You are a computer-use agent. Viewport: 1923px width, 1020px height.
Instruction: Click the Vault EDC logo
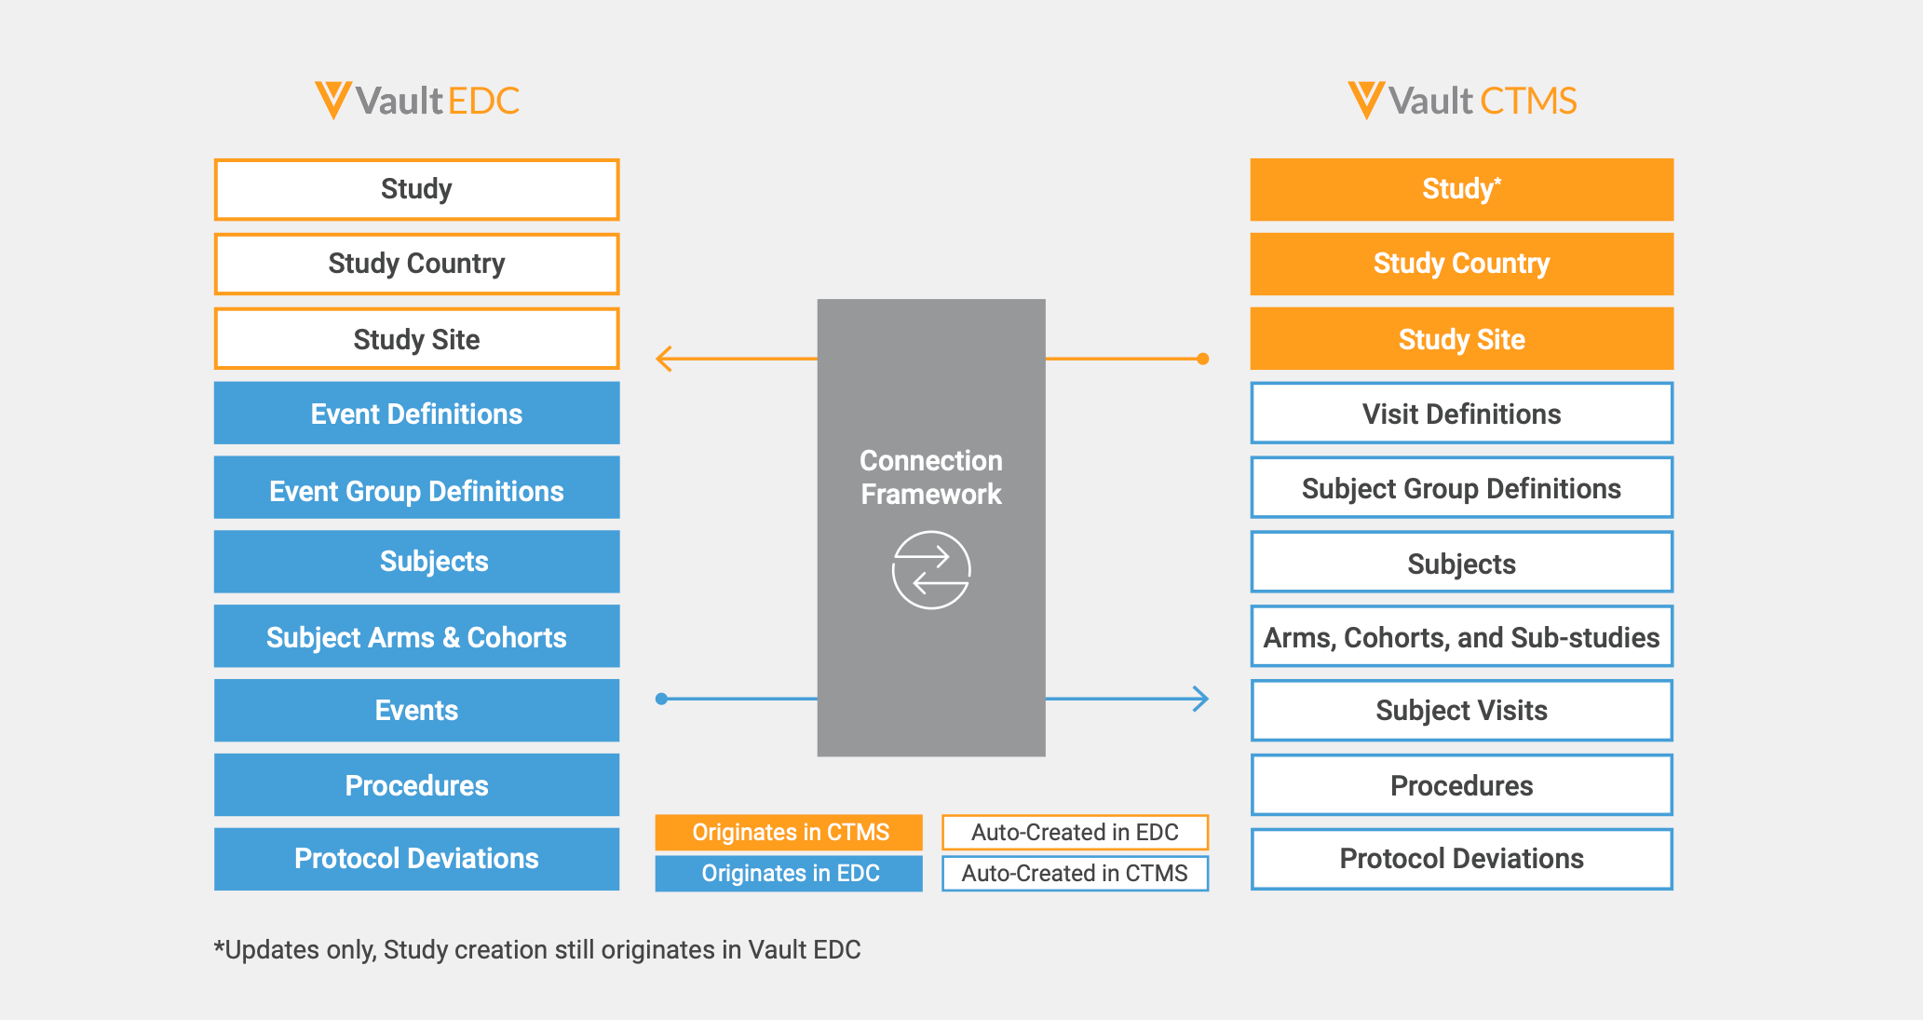[x=416, y=101]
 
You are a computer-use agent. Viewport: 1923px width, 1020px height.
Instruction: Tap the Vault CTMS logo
[x=1462, y=101]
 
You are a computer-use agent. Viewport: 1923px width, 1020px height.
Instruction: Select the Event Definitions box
[x=416, y=414]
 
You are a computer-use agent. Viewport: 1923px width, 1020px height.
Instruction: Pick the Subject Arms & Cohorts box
[x=416, y=637]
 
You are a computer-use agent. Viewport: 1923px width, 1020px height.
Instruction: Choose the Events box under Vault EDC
[x=416, y=711]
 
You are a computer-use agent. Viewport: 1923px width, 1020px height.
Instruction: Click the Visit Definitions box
[x=1461, y=414]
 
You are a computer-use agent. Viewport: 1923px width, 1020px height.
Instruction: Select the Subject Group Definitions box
[x=1461, y=488]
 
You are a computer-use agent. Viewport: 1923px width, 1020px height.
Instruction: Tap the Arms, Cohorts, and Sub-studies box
[x=1461, y=637]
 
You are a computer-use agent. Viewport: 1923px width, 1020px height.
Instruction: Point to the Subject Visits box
[x=1461, y=711]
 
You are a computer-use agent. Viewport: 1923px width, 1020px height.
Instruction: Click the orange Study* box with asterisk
[x=1461, y=189]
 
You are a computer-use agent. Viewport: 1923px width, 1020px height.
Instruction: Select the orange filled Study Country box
[x=1461, y=264]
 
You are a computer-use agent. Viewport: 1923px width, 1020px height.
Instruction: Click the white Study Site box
[x=416, y=339]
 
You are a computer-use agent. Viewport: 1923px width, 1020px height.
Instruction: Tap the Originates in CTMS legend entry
[x=789, y=832]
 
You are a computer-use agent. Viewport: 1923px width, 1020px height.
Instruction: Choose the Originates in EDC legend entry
[x=789, y=873]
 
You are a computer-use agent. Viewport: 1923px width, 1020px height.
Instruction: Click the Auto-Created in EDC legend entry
[x=1075, y=832]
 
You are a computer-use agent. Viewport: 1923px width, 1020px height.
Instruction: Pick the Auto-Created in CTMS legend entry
[x=1075, y=873]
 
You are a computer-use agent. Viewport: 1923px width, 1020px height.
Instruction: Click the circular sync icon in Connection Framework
[x=931, y=570]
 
